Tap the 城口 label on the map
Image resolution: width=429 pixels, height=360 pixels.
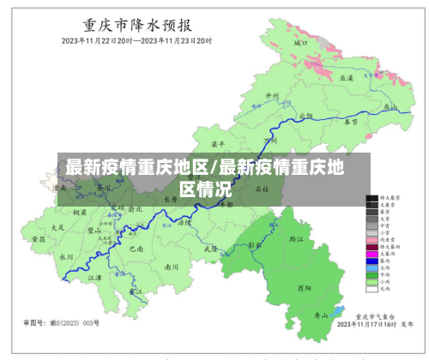(x=299, y=41)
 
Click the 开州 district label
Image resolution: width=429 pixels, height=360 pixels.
(x=272, y=96)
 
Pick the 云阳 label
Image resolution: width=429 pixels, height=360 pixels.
(x=306, y=115)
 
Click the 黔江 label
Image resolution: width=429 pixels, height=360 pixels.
(x=297, y=239)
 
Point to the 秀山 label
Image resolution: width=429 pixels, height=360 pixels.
(x=321, y=315)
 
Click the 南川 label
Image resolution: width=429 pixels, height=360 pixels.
(x=172, y=267)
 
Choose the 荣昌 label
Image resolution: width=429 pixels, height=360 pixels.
(x=39, y=239)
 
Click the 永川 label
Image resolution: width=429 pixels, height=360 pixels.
(x=66, y=255)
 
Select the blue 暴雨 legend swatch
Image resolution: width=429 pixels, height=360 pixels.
(x=372, y=261)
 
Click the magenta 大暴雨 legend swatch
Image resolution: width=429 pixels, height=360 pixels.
(x=372, y=254)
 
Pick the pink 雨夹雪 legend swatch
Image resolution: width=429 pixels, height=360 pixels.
(x=372, y=240)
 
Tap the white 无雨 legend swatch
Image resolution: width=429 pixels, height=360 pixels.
(x=372, y=287)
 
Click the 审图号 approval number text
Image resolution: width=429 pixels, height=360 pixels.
(x=61, y=323)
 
